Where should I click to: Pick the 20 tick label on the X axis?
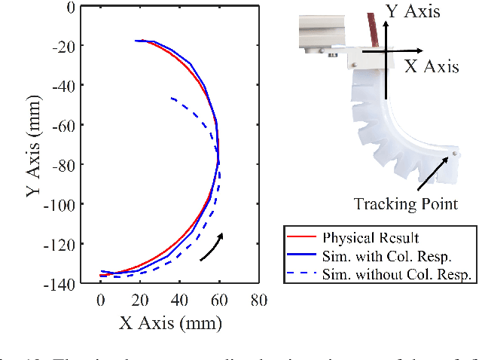tap(139, 301)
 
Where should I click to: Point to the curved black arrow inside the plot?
tap(213, 246)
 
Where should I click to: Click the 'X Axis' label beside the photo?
tap(432, 66)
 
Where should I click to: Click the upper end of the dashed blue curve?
tap(172, 98)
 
